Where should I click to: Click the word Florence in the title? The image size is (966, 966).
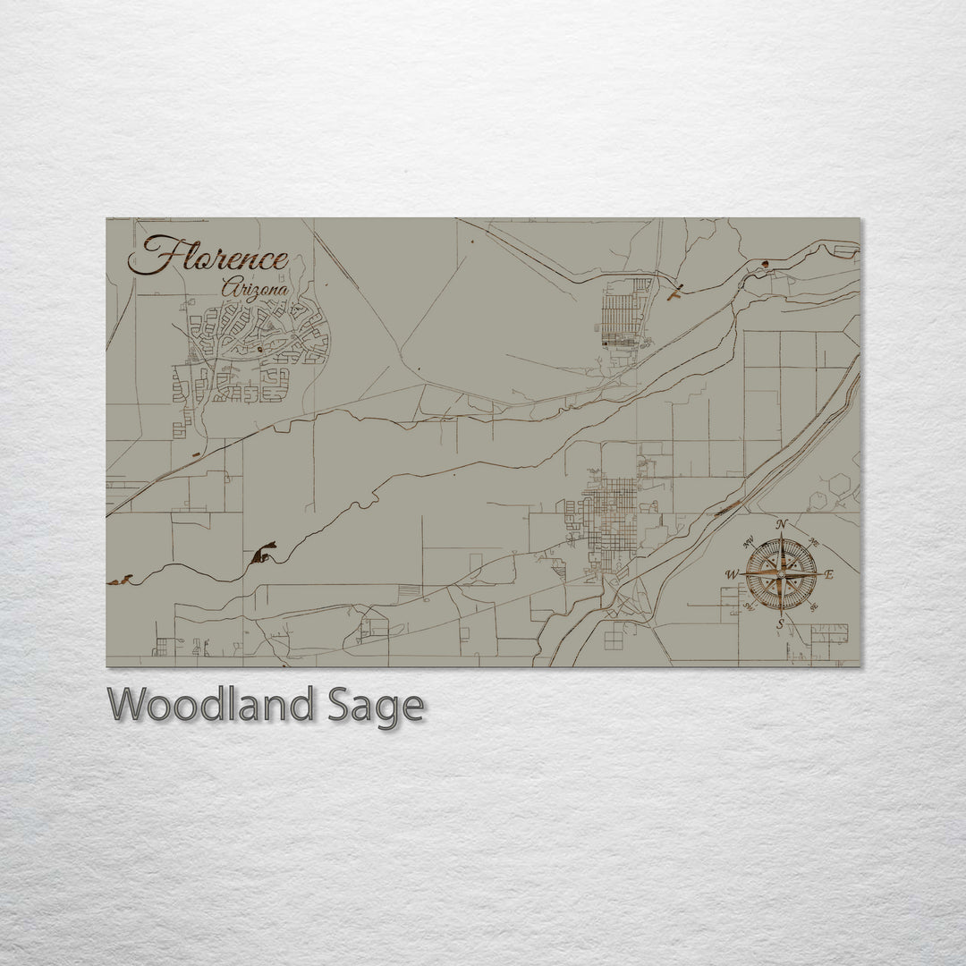pyautogui.click(x=208, y=258)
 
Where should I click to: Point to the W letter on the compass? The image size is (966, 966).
pyautogui.click(x=731, y=574)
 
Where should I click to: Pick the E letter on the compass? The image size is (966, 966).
pyautogui.click(x=828, y=574)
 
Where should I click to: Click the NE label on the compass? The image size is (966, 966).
pyautogui.click(x=814, y=542)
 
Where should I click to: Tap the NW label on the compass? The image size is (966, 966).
pyautogui.click(x=748, y=540)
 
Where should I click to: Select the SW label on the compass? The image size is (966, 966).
pyautogui.click(x=748, y=606)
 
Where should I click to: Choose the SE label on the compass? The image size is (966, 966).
pyautogui.click(x=813, y=606)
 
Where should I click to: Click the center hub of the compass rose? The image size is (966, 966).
pyautogui.click(x=781, y=574)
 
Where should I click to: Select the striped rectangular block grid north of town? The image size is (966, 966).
pyautogui.click(x=624, y=313)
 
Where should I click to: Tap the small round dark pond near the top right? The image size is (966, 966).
pyautogui.click(x=765, y=263)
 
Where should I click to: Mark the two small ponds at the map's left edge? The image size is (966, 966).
pyautogui.click(x=120, y=580)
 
